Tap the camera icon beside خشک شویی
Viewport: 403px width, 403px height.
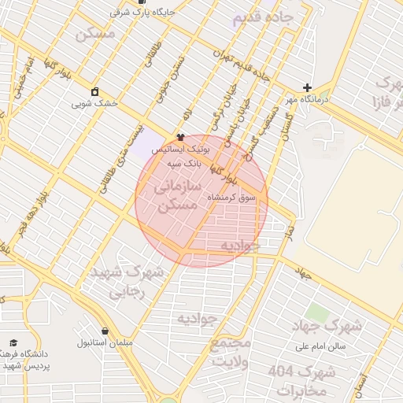pos(95,91)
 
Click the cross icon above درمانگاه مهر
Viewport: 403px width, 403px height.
pos(307,87)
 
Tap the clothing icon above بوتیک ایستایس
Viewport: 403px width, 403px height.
pos(180,138)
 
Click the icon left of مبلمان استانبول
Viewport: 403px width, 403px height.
pos(105,331)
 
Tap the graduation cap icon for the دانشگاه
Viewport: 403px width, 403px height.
pos(13,343)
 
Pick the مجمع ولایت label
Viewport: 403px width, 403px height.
pos(230,353)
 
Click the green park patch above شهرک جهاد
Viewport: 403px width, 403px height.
pos(316,311)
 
